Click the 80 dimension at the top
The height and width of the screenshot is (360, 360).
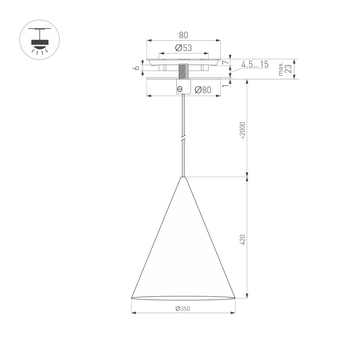(x=183, y=35)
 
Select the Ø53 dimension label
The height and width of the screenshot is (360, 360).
(x=183, y=48)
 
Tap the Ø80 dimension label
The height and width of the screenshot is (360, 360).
(x=203, y=90)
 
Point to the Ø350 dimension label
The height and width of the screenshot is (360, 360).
(x=183, y=309)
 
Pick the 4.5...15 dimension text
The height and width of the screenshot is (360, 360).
(x=255, y=65)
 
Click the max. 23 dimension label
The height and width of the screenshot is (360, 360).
(x=284, y=69)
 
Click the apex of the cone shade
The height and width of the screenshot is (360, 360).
(x=183, y=177)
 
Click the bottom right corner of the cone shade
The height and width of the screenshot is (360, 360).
(x=235, y=298)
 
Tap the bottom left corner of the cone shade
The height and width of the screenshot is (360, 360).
(x=131, y=298)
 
